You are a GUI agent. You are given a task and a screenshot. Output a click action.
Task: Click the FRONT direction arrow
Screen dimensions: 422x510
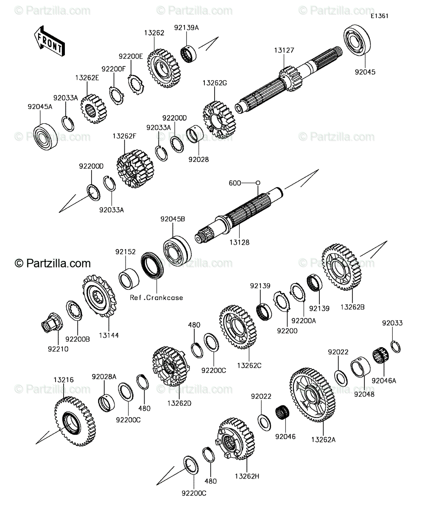click(50, 41)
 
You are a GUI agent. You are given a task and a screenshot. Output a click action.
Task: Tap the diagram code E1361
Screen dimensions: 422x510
click(379, 16)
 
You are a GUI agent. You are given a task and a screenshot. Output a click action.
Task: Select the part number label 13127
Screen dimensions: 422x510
click(284, 50)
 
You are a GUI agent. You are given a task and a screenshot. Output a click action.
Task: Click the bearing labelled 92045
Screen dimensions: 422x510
click(357, 41)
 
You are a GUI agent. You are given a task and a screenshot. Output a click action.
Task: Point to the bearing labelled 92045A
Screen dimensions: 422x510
click(45, 136)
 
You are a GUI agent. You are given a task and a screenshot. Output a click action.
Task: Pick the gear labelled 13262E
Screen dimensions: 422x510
click(94, 109)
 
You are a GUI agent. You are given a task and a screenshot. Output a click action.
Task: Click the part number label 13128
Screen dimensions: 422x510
click(239, 243)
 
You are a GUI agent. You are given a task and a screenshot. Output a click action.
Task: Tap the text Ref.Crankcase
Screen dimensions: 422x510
click(156, 298)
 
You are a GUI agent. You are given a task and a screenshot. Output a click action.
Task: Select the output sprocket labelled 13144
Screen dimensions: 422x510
click(99, 296)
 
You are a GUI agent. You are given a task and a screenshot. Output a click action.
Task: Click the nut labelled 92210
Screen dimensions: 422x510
click(52, 323)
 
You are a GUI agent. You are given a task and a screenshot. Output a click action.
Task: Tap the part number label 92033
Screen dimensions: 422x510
click(392, 323)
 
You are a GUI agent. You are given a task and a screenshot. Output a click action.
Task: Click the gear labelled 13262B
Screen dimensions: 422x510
click(341, 267)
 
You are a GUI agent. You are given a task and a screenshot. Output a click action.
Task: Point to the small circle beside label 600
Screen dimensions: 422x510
click(258, 183)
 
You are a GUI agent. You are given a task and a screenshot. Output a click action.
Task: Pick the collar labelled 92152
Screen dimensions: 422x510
click(129, 279)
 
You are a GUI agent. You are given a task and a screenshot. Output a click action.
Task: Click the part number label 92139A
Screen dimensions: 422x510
click(186, 28)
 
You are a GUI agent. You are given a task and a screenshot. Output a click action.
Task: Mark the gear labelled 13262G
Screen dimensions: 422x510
click(219, 120)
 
